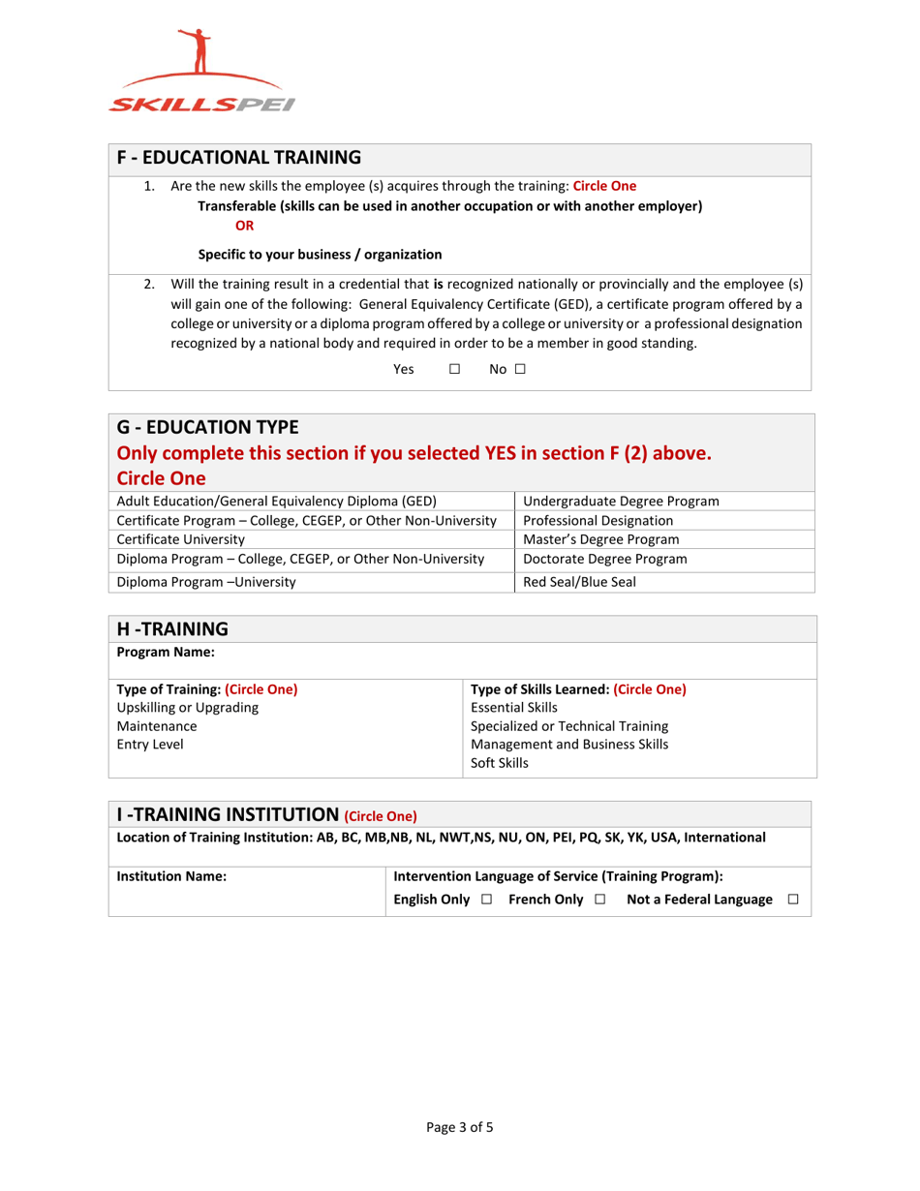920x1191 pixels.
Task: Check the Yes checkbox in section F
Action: (x=453, y=369)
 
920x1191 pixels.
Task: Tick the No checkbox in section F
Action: (x=520, y=369)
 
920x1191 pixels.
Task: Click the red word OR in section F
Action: (x=245, y=226)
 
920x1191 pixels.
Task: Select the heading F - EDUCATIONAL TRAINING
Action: (x=238, y=157)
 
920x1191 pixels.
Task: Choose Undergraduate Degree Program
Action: (x=621, y=501)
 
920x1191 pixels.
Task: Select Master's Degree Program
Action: (x=600, y=539)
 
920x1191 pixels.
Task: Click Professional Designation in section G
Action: (x=598, y=520)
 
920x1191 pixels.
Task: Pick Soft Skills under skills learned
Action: (x=500, y=762)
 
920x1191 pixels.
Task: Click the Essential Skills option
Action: (x=513, y=708)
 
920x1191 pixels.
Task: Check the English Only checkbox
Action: (x=486, y=901)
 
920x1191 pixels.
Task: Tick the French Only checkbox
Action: (x=600, y=901)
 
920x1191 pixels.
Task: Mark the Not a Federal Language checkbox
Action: (x=794, y=901)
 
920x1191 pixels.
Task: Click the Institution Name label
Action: (x=171, y=876)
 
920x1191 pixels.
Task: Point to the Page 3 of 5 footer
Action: (x=460, y=1126)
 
